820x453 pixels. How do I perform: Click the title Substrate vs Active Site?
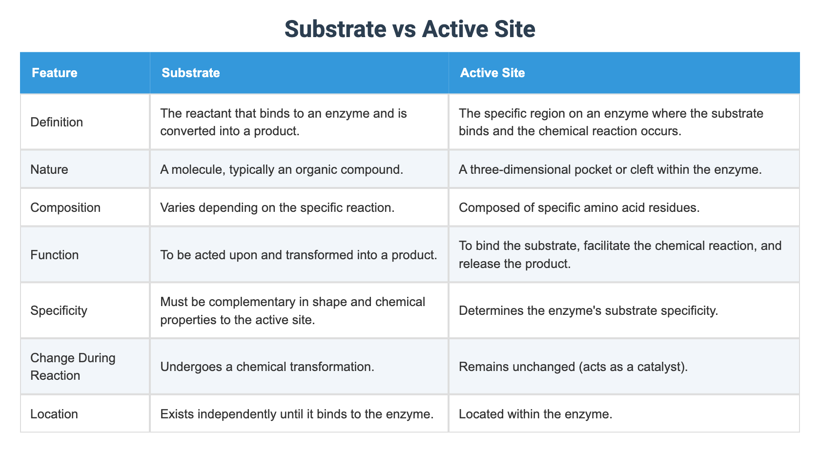tap(410, 29)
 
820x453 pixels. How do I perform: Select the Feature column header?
tap(55, 73)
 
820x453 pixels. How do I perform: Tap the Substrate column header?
tap(191, 73)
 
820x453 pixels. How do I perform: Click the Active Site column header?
tap(492, 73)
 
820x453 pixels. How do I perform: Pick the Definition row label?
tap(57, 122)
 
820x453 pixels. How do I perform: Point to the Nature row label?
tap(49, 169)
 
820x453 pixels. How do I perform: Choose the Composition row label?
tap(65, 207)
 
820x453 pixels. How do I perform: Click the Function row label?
tap(55, 255)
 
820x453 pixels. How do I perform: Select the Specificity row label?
tap(59, 311)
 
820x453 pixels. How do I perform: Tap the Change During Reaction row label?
tap(73, 367)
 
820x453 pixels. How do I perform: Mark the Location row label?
tap(54, 414)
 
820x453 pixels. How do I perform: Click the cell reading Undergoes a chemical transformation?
tap(267, 367)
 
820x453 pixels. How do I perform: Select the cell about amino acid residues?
tap(579, 207)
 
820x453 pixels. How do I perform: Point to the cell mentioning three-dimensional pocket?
tap(610, 169)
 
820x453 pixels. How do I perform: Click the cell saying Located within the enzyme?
tap(535, 414)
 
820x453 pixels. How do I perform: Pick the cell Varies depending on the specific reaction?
tap(277, 207)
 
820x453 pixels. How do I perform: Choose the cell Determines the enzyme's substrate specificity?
tap(588, 311)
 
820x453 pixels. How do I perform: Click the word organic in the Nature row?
tap(316, 169)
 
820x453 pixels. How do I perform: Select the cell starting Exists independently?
tap(297, 414)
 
